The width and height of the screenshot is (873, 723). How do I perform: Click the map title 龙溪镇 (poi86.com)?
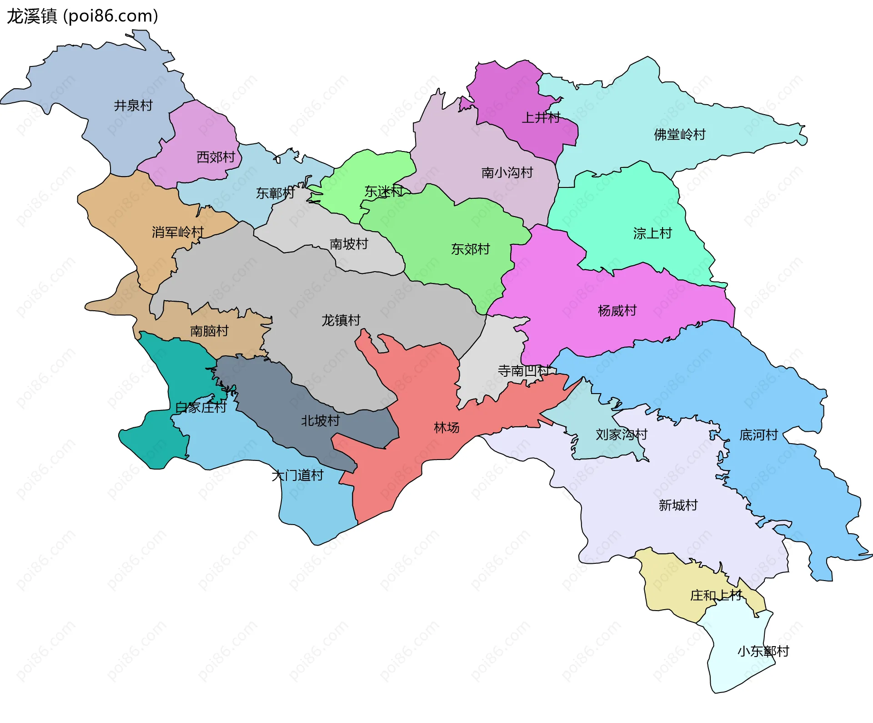(x=82, y=16)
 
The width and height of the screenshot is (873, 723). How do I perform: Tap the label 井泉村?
(x=133, y=106)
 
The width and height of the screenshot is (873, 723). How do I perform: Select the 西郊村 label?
(x=216, y=157)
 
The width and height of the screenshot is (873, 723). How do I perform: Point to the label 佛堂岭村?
(x=679, y=135)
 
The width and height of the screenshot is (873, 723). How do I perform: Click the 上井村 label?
(x=541, y=117)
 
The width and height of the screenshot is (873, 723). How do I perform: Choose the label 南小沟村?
(x=507, y=173)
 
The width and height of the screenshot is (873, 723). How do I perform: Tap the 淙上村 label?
(x=652, y=233)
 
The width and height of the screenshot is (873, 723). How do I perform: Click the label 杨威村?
(x=617, y=311)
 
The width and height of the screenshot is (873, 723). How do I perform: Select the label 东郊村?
(x=470, y=249)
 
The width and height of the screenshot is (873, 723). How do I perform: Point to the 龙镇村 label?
(x=341, y=320)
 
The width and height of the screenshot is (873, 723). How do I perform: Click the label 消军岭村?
(x=177, y=233)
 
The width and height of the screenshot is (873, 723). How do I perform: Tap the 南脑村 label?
(x=209, y=331)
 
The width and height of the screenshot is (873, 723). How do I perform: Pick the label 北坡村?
(x=320, y=420)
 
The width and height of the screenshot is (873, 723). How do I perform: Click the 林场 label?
(x=446, y=428)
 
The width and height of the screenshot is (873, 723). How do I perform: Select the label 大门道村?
(x=297, y=475)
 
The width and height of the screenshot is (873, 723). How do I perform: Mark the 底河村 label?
(x=758, y=435)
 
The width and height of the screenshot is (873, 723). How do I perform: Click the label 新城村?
(x=678, y=505)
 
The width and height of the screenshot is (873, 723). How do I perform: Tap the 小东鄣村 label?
(x=763, y=652)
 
